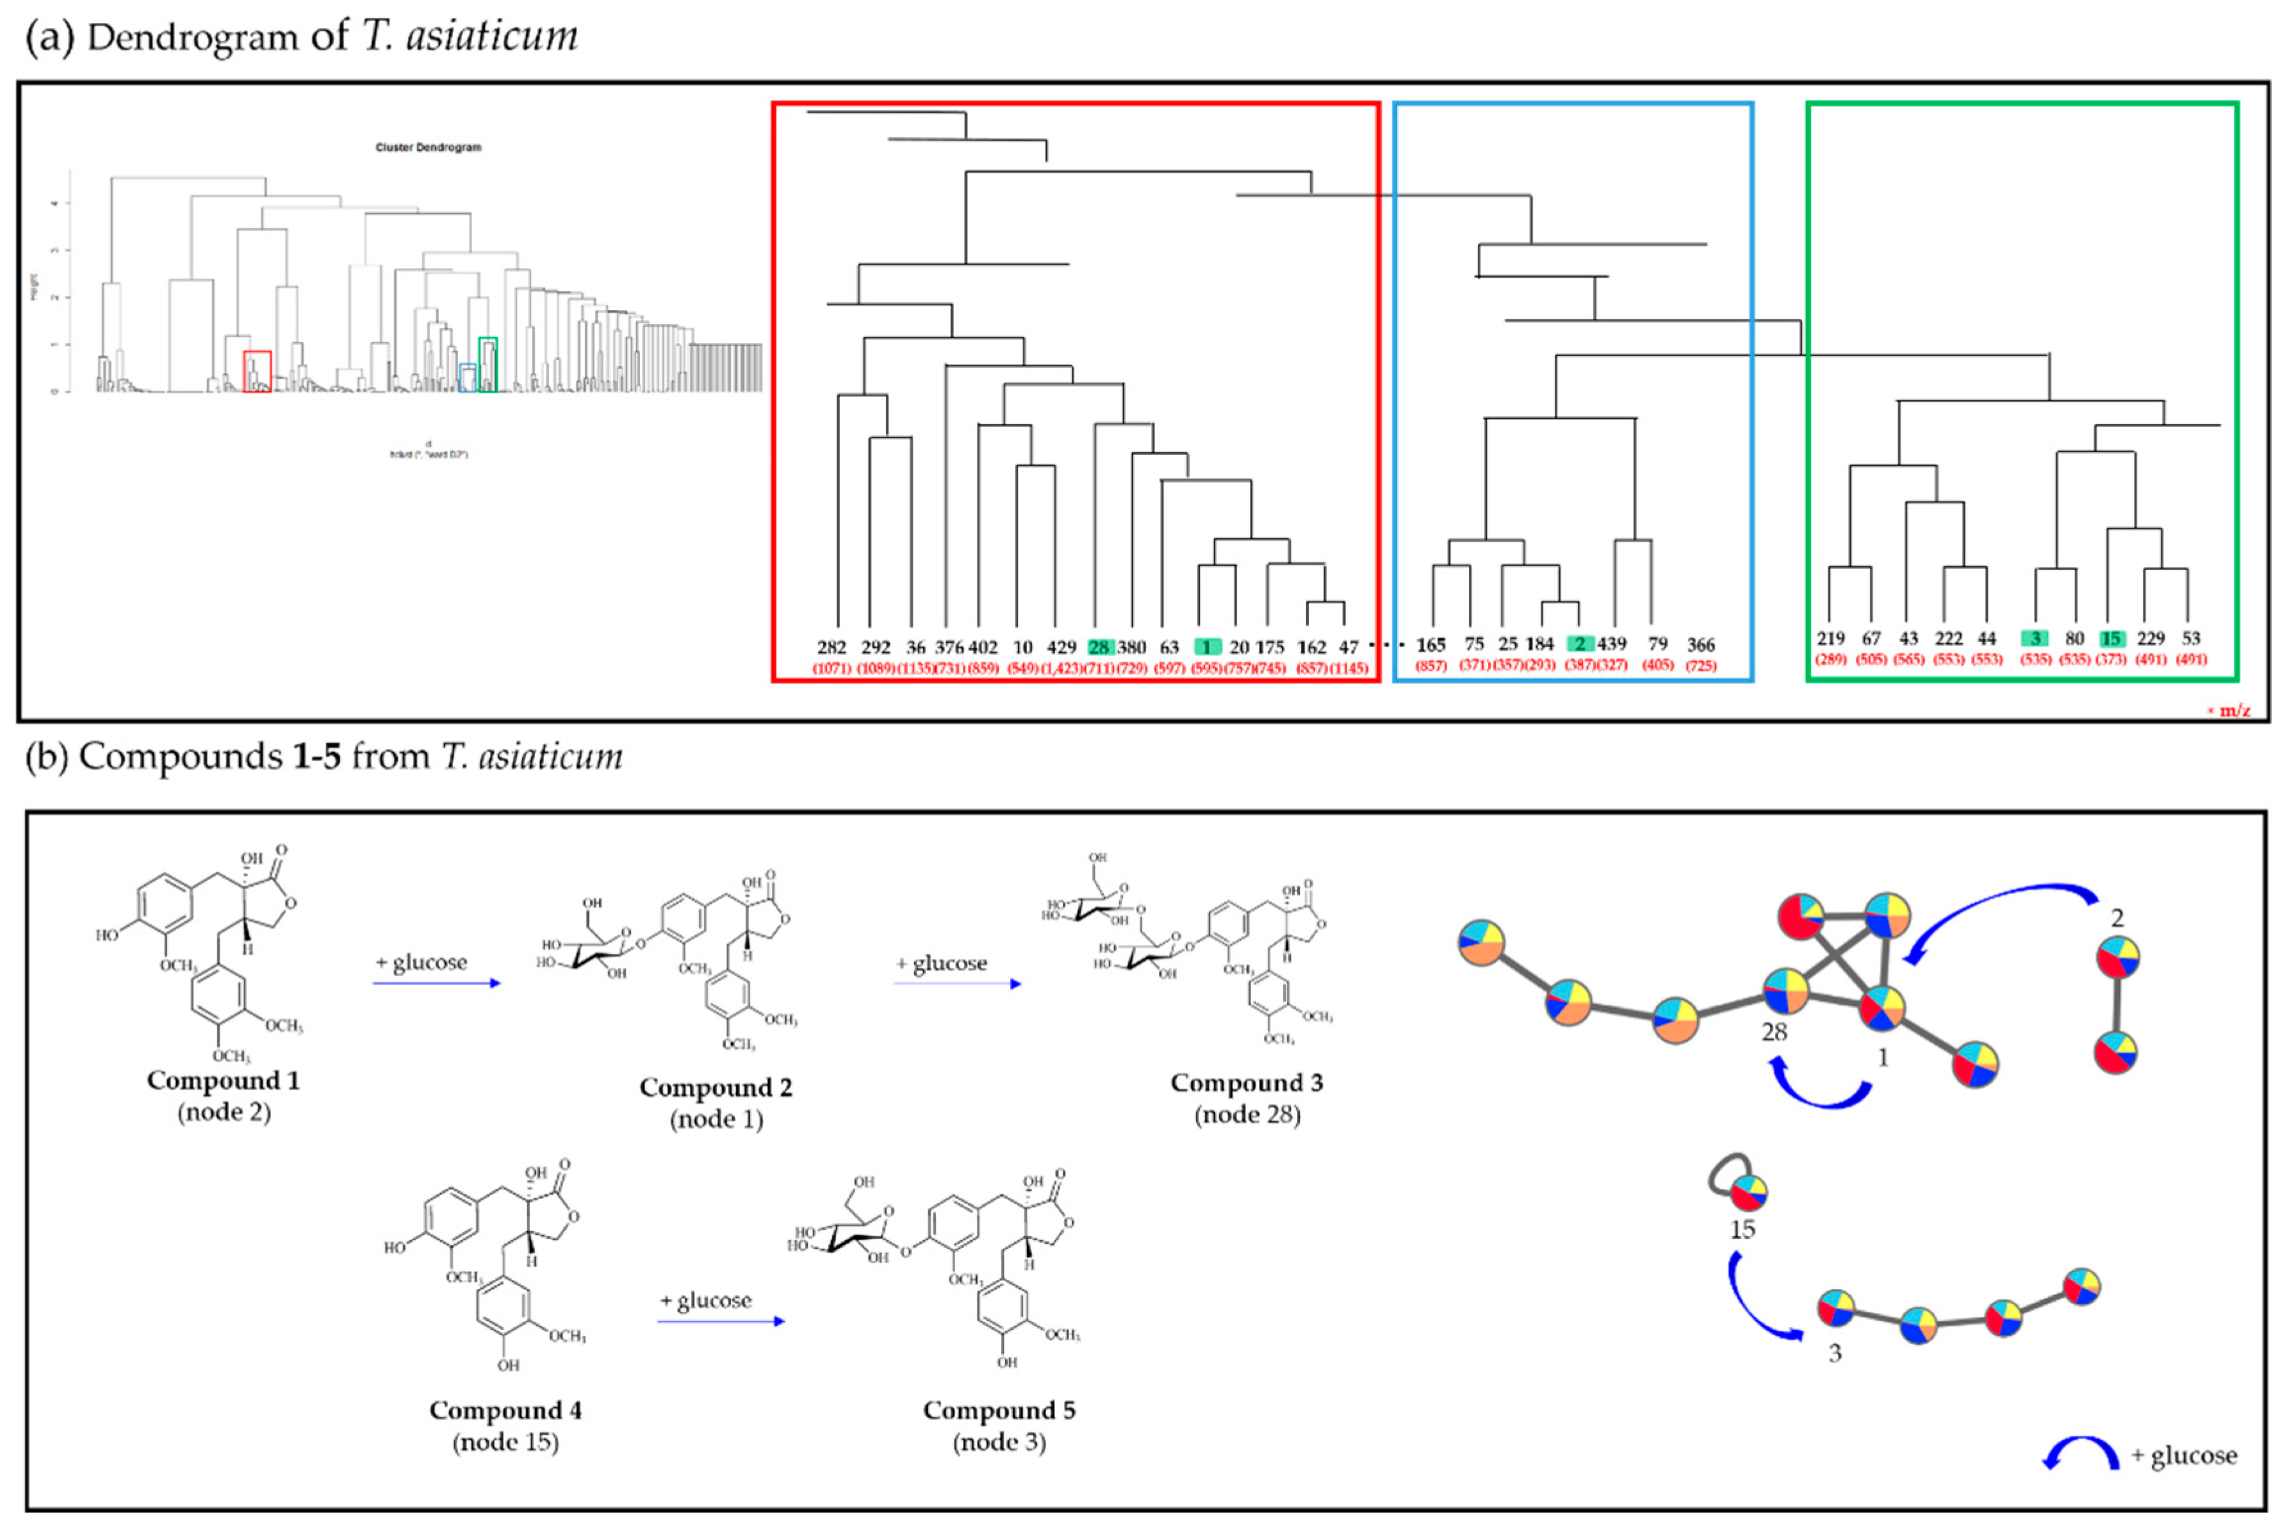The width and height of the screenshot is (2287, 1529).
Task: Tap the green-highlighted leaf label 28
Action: pos(1099,648)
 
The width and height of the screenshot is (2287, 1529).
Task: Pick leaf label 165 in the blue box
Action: pos(1430,644)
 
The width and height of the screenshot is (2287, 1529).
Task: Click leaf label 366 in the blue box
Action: pos(1700,644)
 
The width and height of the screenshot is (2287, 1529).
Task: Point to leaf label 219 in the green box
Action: pos(1831,638)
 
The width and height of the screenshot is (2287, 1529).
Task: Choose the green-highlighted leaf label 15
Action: pos(2111,639)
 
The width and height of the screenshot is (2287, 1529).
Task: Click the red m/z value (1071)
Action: pos(832,668)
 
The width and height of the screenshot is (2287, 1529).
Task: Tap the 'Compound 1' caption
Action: pos(224,1081)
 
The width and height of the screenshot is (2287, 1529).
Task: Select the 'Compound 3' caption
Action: pos(1247,1083)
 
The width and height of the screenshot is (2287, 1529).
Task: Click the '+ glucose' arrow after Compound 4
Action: pos(720,1320)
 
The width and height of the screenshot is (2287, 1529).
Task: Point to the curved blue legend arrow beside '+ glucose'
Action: pos(2081,1453)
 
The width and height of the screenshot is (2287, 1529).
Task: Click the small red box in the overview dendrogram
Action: pos(256,372)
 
